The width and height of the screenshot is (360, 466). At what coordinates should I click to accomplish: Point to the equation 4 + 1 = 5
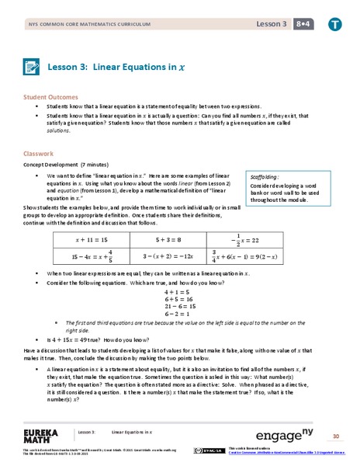pos(179,292)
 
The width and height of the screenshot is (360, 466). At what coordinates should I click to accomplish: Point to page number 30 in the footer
pos(336,436)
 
